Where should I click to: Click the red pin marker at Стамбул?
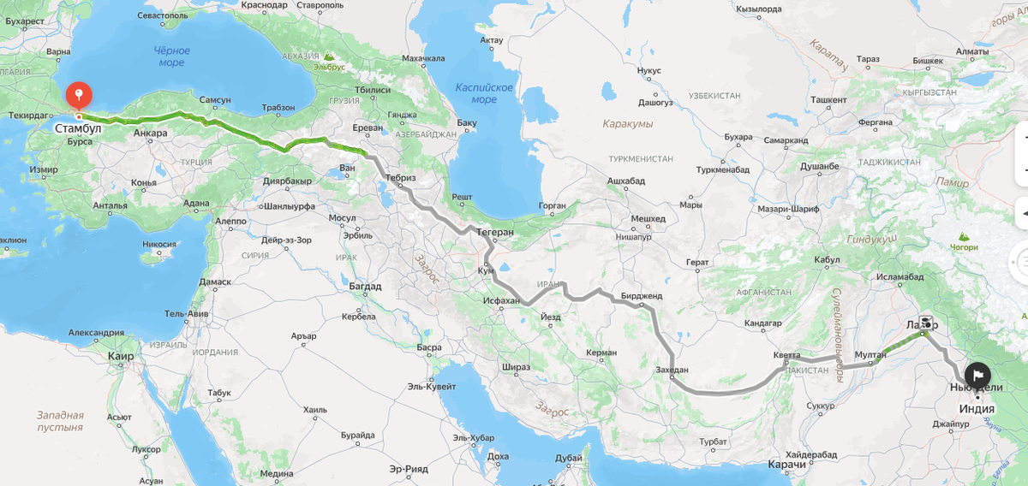point(78,94)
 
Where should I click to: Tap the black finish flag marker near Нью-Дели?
point(977,375)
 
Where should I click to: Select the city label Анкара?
point(151,133)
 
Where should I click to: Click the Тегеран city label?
point(496,232)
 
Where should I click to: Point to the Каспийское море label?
point(484,93)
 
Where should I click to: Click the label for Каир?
point(120,355)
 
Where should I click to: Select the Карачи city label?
point(786,464)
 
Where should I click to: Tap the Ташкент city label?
point(828,100)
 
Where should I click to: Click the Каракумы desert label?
point(627,124)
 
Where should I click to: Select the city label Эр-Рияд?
point(408,469)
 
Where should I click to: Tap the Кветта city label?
point(786,354)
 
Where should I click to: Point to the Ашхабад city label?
point(625,181)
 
